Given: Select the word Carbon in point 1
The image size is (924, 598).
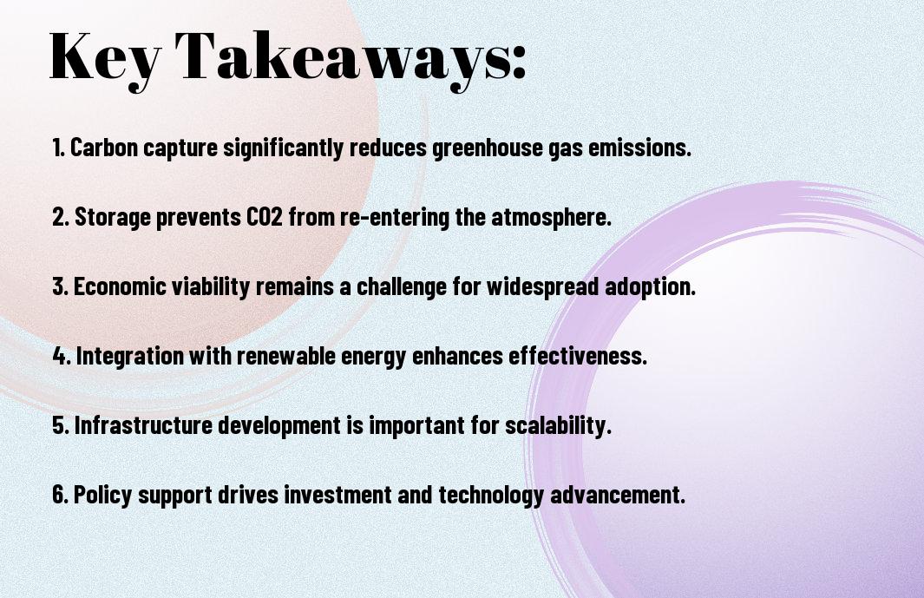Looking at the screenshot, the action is (x=103, y=148).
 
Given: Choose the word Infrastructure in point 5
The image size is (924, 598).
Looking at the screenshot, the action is (x=142, y=424).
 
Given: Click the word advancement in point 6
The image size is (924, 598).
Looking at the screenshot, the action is (x=618, y=494).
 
